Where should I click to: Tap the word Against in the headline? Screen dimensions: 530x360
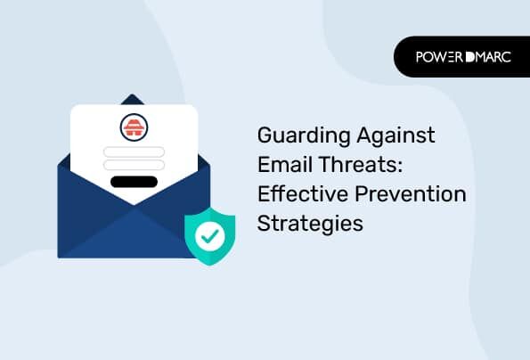(x=395, y=135)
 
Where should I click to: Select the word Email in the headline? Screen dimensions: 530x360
(x=285, y=164)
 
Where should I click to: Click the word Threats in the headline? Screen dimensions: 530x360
(x=357, y=164)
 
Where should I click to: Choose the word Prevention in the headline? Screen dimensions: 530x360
(x=411, y=193)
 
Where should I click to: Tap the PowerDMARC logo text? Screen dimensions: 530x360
(x=463, y=57)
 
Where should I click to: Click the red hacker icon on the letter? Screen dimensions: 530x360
(x=134, y=127)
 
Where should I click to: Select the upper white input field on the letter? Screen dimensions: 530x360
(x=134, y=152)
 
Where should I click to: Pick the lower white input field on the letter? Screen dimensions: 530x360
(x=134, y=165)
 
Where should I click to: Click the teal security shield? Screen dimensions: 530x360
(x=210, y=236)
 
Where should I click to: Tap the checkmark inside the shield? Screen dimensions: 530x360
(x=210, y=235)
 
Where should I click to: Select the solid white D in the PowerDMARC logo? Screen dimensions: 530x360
(x=469, y=57)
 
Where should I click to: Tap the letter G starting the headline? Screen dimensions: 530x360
(x=265, y=135)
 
